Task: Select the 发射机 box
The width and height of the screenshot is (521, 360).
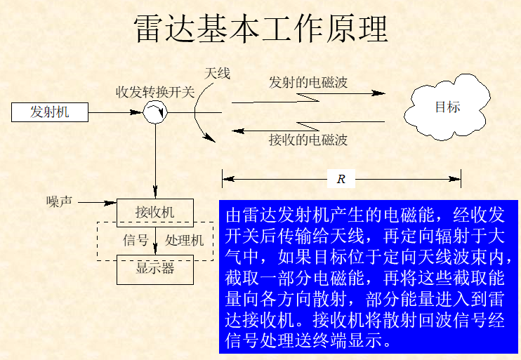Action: pos(50,112)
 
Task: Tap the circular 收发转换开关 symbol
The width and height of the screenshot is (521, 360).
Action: pos(154,112)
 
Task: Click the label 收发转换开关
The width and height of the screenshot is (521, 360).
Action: pos(155,91)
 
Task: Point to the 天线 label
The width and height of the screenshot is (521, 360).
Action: pos(217,73)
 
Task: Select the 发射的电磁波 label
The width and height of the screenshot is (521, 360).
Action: pos(308,82)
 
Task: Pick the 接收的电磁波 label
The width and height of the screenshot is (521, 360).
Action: pos(308,140)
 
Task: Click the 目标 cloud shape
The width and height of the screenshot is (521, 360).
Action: pos(447,107)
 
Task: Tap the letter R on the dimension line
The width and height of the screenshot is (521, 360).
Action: pos(341,179)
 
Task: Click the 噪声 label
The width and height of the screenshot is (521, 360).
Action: pos(59,201)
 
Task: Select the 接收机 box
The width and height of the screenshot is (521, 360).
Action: pos(154,212)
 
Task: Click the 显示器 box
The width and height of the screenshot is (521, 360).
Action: pos(154,268)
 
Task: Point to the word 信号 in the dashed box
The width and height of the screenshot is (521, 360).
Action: pos(136,240)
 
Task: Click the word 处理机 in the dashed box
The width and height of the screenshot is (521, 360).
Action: pos(184,240)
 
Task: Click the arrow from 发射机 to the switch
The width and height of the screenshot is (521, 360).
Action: pos(116,112)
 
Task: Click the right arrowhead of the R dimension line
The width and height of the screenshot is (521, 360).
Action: pos(457,179)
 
